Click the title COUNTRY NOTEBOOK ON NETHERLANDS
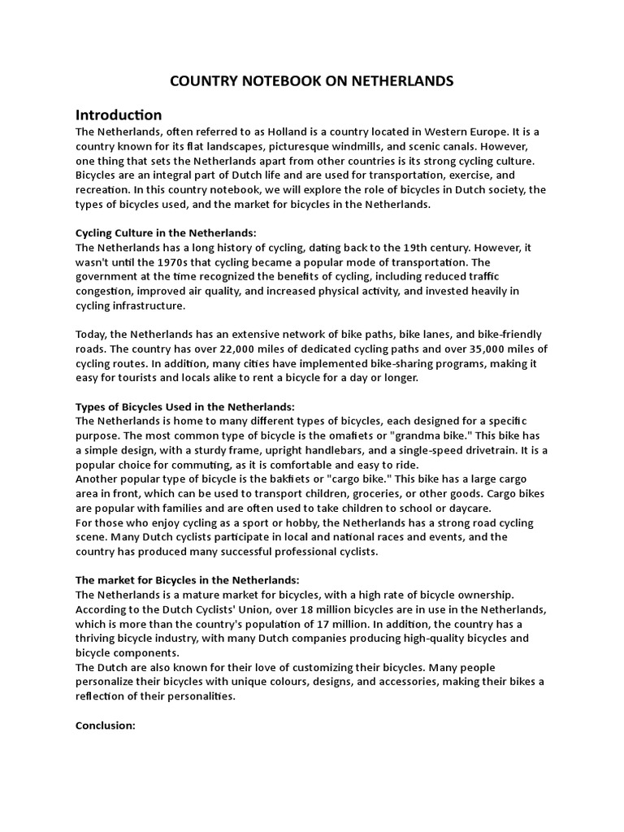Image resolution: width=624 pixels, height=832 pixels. [x=311, y=81]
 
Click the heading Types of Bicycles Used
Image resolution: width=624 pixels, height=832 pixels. [x=185, y=406]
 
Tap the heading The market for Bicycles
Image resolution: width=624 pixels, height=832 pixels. [x=187, y=580]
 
